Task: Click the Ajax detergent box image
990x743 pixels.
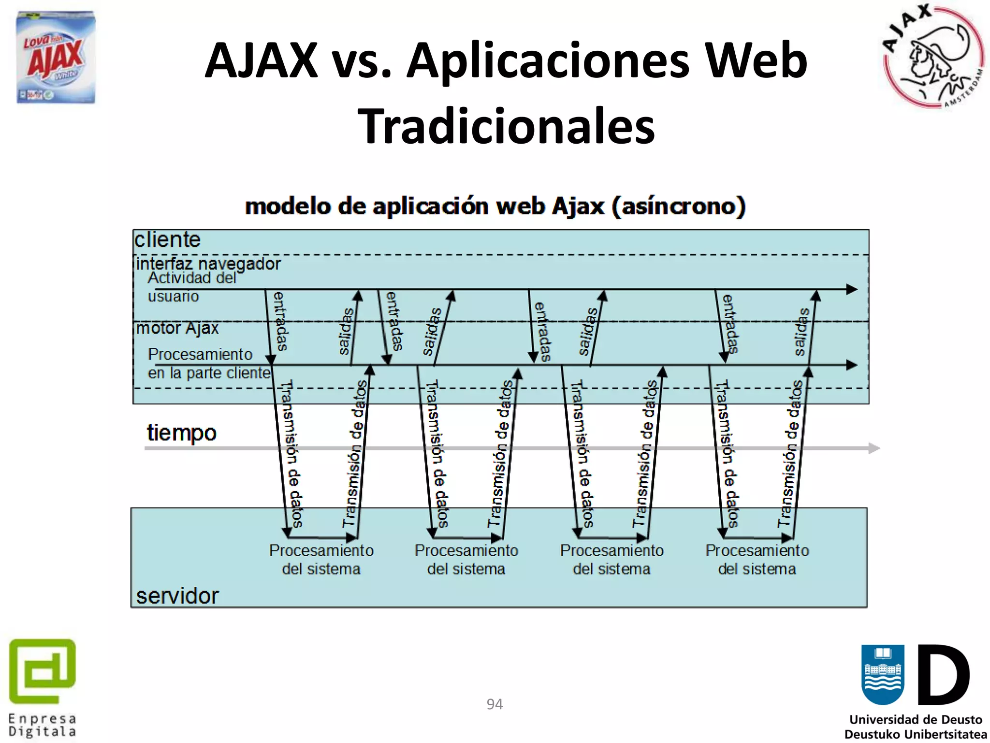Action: [56, 57]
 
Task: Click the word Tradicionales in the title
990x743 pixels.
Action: [506, 126]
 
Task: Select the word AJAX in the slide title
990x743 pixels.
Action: [261, 61]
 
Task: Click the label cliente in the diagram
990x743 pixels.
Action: [167, 240]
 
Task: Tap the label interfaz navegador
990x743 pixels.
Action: [208, 264]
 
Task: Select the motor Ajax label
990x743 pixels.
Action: [177, 328]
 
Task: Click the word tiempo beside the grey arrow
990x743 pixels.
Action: [181, 432]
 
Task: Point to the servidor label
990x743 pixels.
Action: [177, 595]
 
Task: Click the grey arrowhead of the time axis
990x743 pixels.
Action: [874, 448]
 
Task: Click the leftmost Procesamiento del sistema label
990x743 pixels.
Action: [321, 560]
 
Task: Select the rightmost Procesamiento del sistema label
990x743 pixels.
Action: [757, 560]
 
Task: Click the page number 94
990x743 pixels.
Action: [495, 704]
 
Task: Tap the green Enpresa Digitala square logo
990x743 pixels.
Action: [43, 671]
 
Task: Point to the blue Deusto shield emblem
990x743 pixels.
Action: [883, 674]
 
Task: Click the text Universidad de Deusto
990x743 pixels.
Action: [916, 720]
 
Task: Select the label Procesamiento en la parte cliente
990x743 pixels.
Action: [209, 364]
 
